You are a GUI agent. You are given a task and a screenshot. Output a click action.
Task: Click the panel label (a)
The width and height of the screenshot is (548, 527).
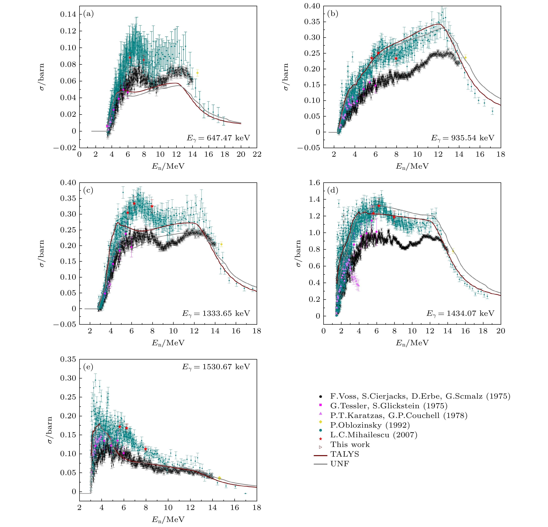(88, 14)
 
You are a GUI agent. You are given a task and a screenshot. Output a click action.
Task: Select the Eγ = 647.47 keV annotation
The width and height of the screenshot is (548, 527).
(218, 138)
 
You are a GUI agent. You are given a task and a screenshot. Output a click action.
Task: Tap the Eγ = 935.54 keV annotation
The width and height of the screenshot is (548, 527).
(463, 138)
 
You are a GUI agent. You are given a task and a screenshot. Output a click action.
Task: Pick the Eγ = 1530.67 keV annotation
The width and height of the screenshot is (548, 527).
(216, 367)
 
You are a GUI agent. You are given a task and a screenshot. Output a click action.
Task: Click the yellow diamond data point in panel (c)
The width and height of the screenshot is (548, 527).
(221, 244)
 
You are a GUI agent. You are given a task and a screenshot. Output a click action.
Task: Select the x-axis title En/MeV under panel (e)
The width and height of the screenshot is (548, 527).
(168, 519)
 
